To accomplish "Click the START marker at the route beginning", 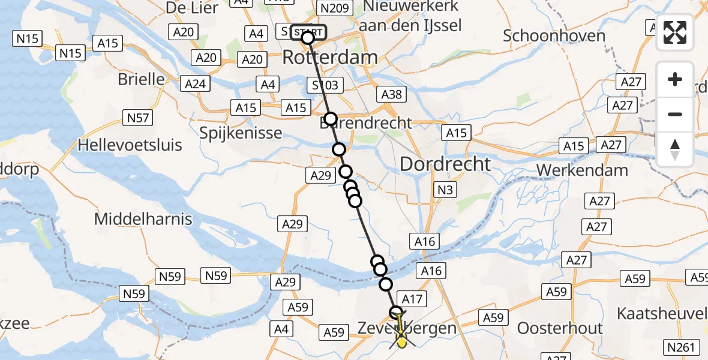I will click(309, 32).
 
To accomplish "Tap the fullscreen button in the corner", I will click(675, 34).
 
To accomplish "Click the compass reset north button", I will click(675, 149).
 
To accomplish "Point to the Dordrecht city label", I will click(445, 164).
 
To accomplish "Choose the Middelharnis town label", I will click(143, 219).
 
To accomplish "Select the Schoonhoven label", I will click(554, 35).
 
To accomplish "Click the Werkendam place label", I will click(582, 170).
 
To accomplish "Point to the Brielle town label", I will click(141, 79).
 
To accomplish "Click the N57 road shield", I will click(137, 118).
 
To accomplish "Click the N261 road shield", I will click(682, 346).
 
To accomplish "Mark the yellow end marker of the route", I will click(401, 341).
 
